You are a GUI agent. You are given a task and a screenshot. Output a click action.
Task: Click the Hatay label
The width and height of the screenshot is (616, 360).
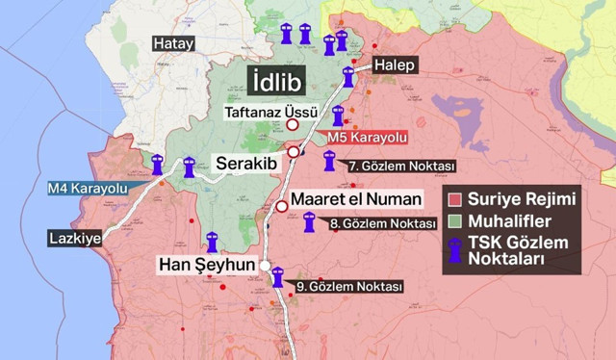tap(174, 43)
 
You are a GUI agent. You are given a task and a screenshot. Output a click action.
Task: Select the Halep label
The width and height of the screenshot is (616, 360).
tap(395, 64)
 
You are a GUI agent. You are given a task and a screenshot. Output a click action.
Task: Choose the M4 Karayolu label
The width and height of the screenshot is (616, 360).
tap(88, 188)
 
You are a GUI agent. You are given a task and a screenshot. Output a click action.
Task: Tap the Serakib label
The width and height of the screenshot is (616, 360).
tap(246, 163)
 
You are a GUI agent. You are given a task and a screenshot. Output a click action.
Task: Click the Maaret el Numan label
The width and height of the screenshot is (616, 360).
tap(363, 199)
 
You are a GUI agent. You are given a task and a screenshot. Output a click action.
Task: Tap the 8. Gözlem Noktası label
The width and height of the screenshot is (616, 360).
tap(383, 223)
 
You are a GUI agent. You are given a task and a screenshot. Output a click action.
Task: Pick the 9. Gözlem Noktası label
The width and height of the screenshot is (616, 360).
tap(348, 286)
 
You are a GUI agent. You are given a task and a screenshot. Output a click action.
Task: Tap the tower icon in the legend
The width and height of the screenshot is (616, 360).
tap(455, 250)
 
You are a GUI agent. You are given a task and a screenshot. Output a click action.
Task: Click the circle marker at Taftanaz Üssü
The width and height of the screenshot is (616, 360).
tap(293, 123)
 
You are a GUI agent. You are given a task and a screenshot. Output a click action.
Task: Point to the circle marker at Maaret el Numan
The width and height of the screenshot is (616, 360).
tap(282, 206)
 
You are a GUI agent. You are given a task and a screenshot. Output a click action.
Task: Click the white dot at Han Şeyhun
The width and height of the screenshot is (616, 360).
tap(265, 264)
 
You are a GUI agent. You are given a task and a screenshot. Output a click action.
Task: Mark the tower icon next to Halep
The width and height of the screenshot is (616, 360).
tap(348, 77)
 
